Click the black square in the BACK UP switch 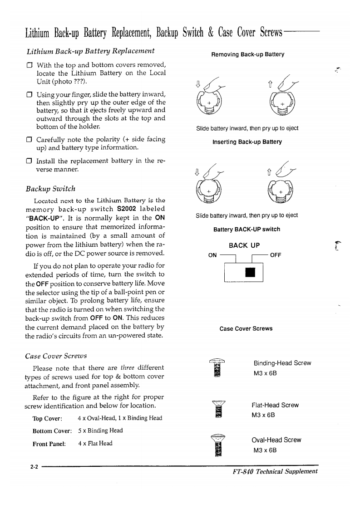click(x=250, y=273)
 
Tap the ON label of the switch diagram click(x=212, y=255)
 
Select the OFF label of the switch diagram click(x=276, y=255)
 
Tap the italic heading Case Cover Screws click(x=56, y=355)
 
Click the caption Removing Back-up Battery click(x=248, y=54)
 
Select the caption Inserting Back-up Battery click(x=247, y=142)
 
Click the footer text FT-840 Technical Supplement click(x=275, y=471)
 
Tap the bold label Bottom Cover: click(x=52, y=431)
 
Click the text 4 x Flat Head click(x=95, y=443)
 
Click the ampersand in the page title click(x=211, y=32)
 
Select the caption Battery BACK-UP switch click(x=247, y=230)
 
